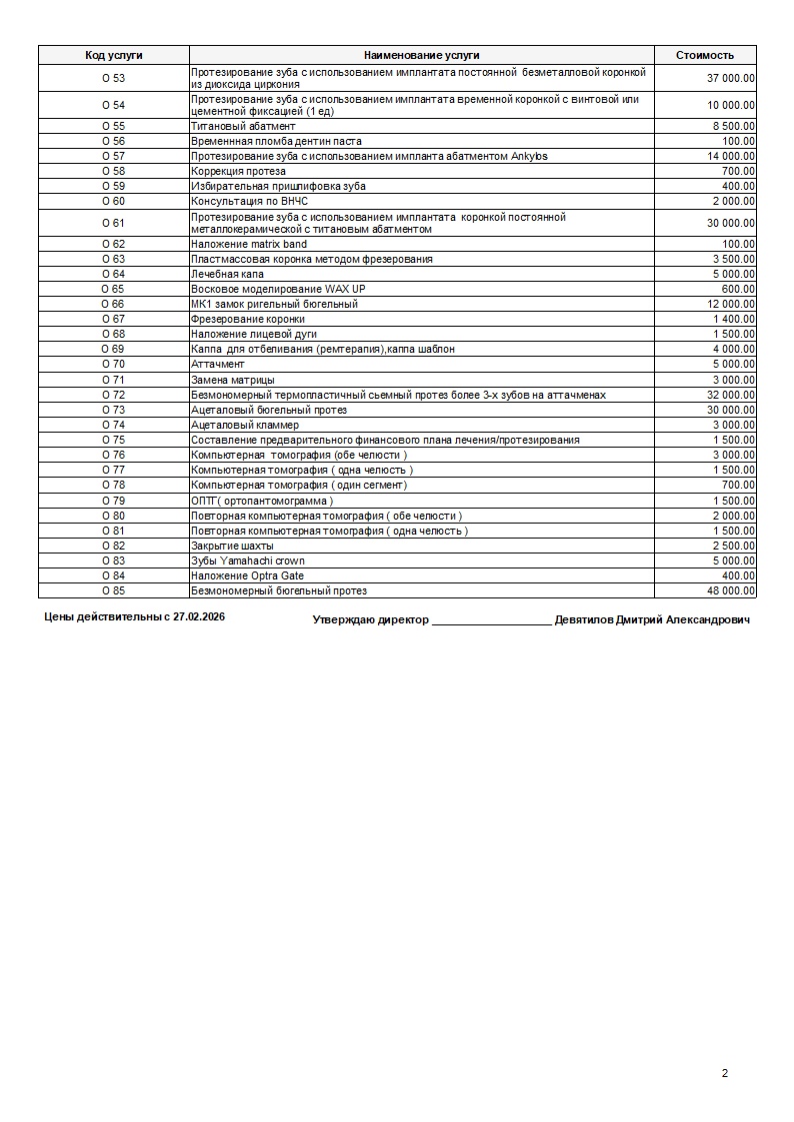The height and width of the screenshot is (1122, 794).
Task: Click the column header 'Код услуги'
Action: pyautogui.click(x=113, y=56)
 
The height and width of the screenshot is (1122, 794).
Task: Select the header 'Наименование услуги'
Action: pyautogui.click(x=421, y=56)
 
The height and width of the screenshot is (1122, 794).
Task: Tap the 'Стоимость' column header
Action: pyautogui.click(x=704, y=56)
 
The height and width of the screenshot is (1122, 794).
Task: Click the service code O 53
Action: pyautogui.click(x=113, y=78)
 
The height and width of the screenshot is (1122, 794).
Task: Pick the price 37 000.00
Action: pyautogui.click(x=731, y=78)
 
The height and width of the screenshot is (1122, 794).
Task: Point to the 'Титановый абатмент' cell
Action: pyautogui.click(x=243, y=126)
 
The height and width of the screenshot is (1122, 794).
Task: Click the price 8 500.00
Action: pyautogui.click(x=734, y=126)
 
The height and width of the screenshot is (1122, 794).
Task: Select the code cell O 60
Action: pyautogui.click(x=113, y=201)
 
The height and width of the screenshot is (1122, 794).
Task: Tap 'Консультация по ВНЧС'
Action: pyautogui.click(x=249, y=201)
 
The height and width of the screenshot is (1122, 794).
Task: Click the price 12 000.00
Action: pyautogui.click(x=731, y=304)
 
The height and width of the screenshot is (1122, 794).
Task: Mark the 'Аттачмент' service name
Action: pyautogui.click(x=217, y=365)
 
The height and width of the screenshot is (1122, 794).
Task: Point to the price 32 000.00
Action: pyautogui.click(x=731, y=395)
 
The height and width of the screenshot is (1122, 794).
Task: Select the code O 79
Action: pyautogui.click(x=113, y=501)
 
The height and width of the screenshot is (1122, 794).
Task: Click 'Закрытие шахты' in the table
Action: pyautogui.click(x=231, y=546)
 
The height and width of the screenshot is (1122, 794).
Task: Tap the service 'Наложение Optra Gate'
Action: pyautogui.click(x=247, y=575)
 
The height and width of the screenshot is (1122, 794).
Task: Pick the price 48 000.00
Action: pyautogui.click(x=731, y=590)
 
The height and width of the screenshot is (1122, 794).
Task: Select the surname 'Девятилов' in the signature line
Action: pyautogui.click(x=587, y=619)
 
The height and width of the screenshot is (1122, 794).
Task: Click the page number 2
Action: pyautogui.click(x=724, y=1074)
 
